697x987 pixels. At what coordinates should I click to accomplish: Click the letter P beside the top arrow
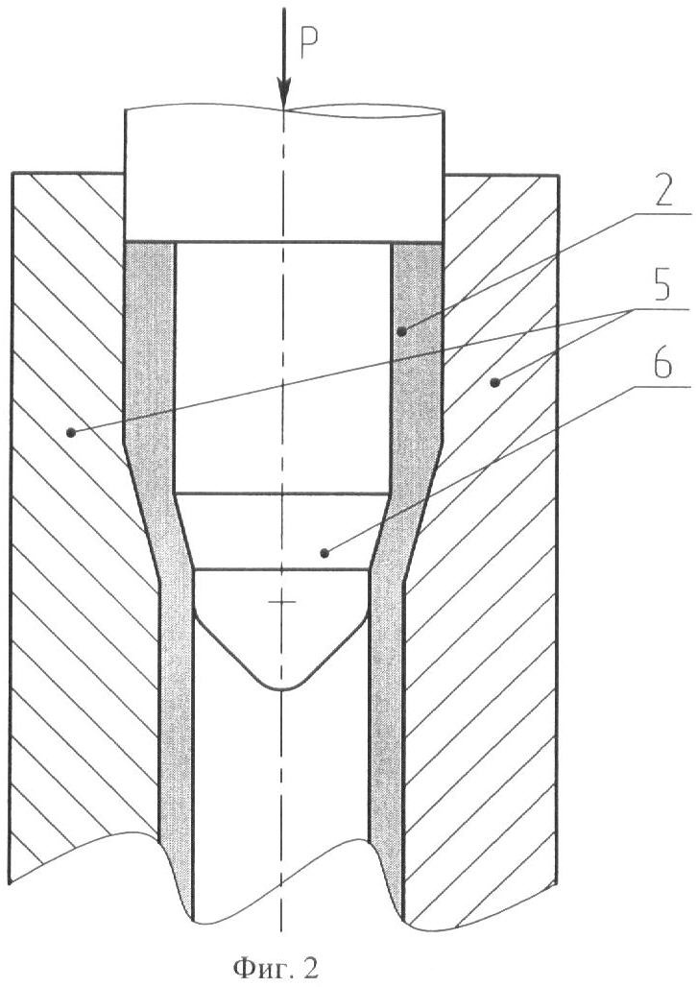point(309,44)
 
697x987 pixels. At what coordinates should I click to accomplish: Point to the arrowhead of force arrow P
point(284,93)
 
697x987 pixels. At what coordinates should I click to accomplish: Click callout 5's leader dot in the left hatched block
point(71,432)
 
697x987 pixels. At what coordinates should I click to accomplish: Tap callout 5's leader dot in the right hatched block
point(496,381)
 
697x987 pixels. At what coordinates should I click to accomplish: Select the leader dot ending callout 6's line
point(324,553)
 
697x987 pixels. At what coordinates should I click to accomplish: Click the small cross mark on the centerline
point(282,602)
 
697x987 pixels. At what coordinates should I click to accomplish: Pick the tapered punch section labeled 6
point(282,533)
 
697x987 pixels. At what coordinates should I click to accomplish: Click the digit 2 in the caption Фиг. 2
point(311,967)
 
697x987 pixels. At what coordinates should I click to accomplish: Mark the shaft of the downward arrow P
point(284,43)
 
